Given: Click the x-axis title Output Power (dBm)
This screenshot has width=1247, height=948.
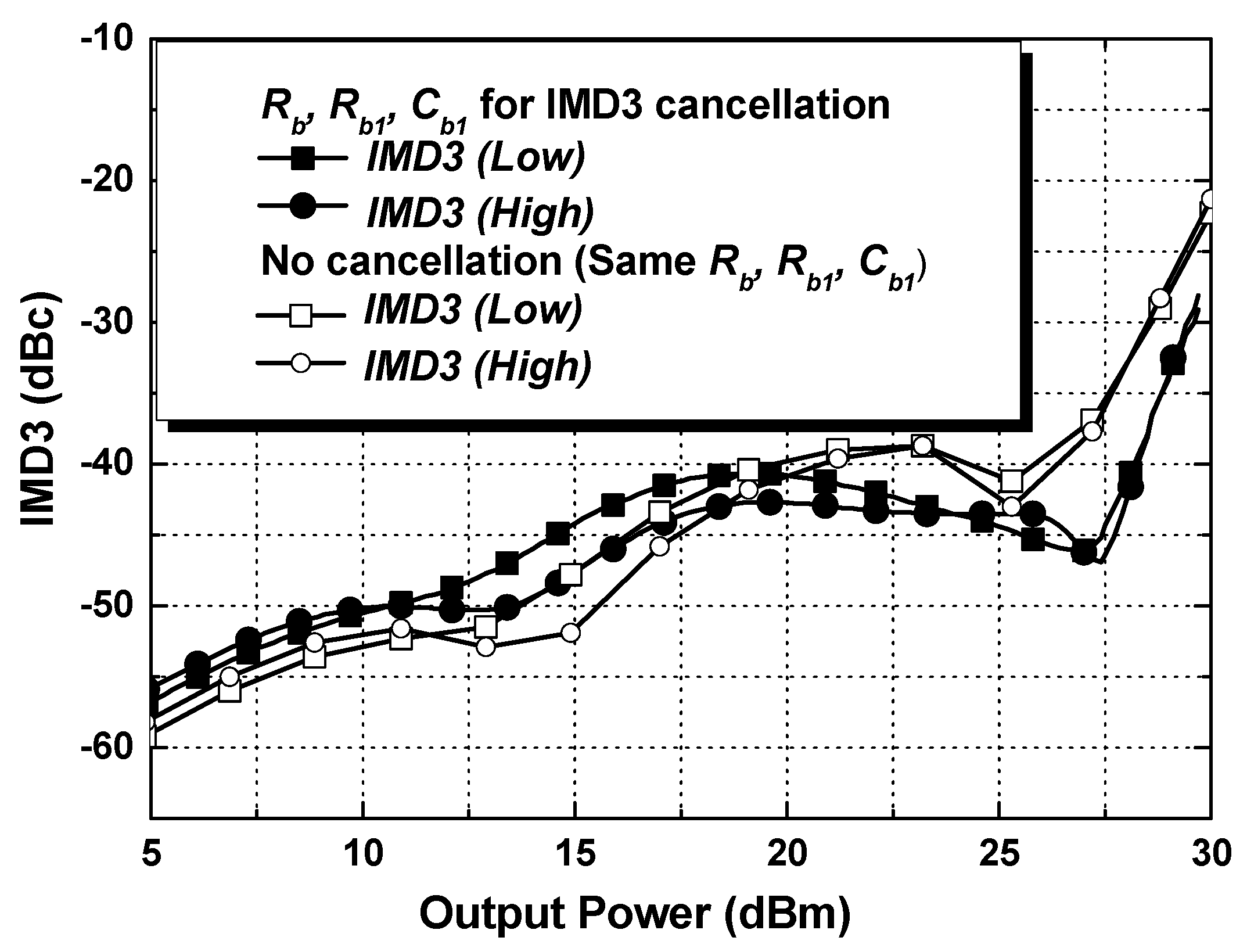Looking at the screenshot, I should (x=635, y=914).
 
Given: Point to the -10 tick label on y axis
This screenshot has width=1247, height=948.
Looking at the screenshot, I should (x=115, y=39).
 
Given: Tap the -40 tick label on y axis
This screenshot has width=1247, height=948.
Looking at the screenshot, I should (x=115, y=464).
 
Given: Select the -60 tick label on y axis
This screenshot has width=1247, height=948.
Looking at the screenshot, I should (x=115, y=747).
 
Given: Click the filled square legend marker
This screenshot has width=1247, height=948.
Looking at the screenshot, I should (x=303, y=159).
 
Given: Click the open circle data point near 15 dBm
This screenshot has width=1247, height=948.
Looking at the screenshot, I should (x=571, y=633).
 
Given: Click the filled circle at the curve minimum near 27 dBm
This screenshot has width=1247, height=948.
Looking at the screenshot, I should (x=1084, y=553).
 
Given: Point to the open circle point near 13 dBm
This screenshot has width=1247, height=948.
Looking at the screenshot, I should (x=486, y=646).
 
